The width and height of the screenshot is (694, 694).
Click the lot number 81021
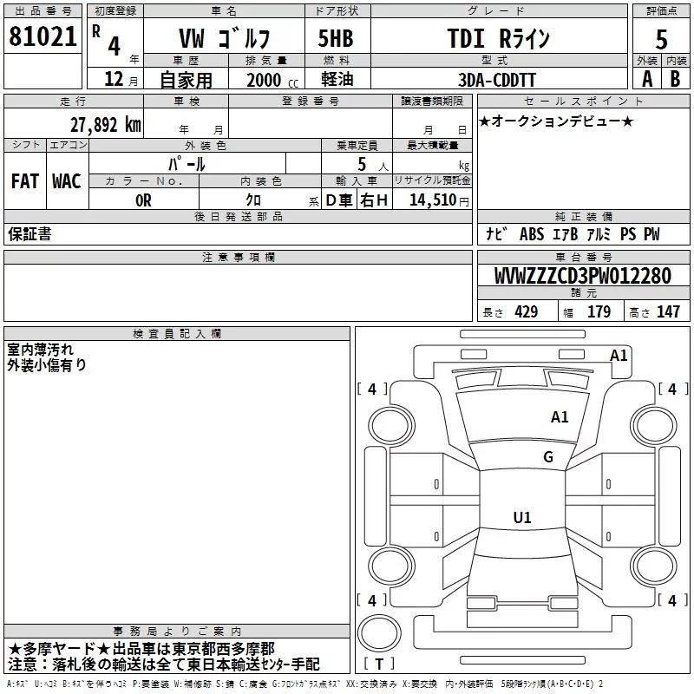point(43,36)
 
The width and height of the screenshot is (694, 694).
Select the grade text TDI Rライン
point(498,38)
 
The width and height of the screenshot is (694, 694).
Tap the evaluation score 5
point(661,40)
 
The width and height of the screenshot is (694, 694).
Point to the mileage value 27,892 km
point(105,125)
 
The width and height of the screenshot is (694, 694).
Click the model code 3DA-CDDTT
point(496,80)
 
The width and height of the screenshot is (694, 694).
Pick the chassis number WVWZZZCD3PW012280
point(583,276)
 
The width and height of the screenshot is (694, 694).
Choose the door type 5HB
point(336,38)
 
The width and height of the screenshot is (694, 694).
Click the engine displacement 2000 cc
point(272,80)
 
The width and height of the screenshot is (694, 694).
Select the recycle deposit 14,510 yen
point(439,200)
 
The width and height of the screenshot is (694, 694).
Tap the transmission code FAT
point(25,181)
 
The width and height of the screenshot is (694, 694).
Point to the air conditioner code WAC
point(67,181)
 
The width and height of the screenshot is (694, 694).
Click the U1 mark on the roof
point(522,517)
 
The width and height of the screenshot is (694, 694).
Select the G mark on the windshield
point(548,457)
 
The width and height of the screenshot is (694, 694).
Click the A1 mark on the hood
point(560,417)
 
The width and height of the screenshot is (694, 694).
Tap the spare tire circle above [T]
point(379,633)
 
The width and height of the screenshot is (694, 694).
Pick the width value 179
point(599,311)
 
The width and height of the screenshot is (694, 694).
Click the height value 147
point(668,311)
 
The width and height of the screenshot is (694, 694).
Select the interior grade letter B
point(675,79)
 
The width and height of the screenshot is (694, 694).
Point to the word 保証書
point(29,233)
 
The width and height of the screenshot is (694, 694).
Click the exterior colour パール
point(187,164)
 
